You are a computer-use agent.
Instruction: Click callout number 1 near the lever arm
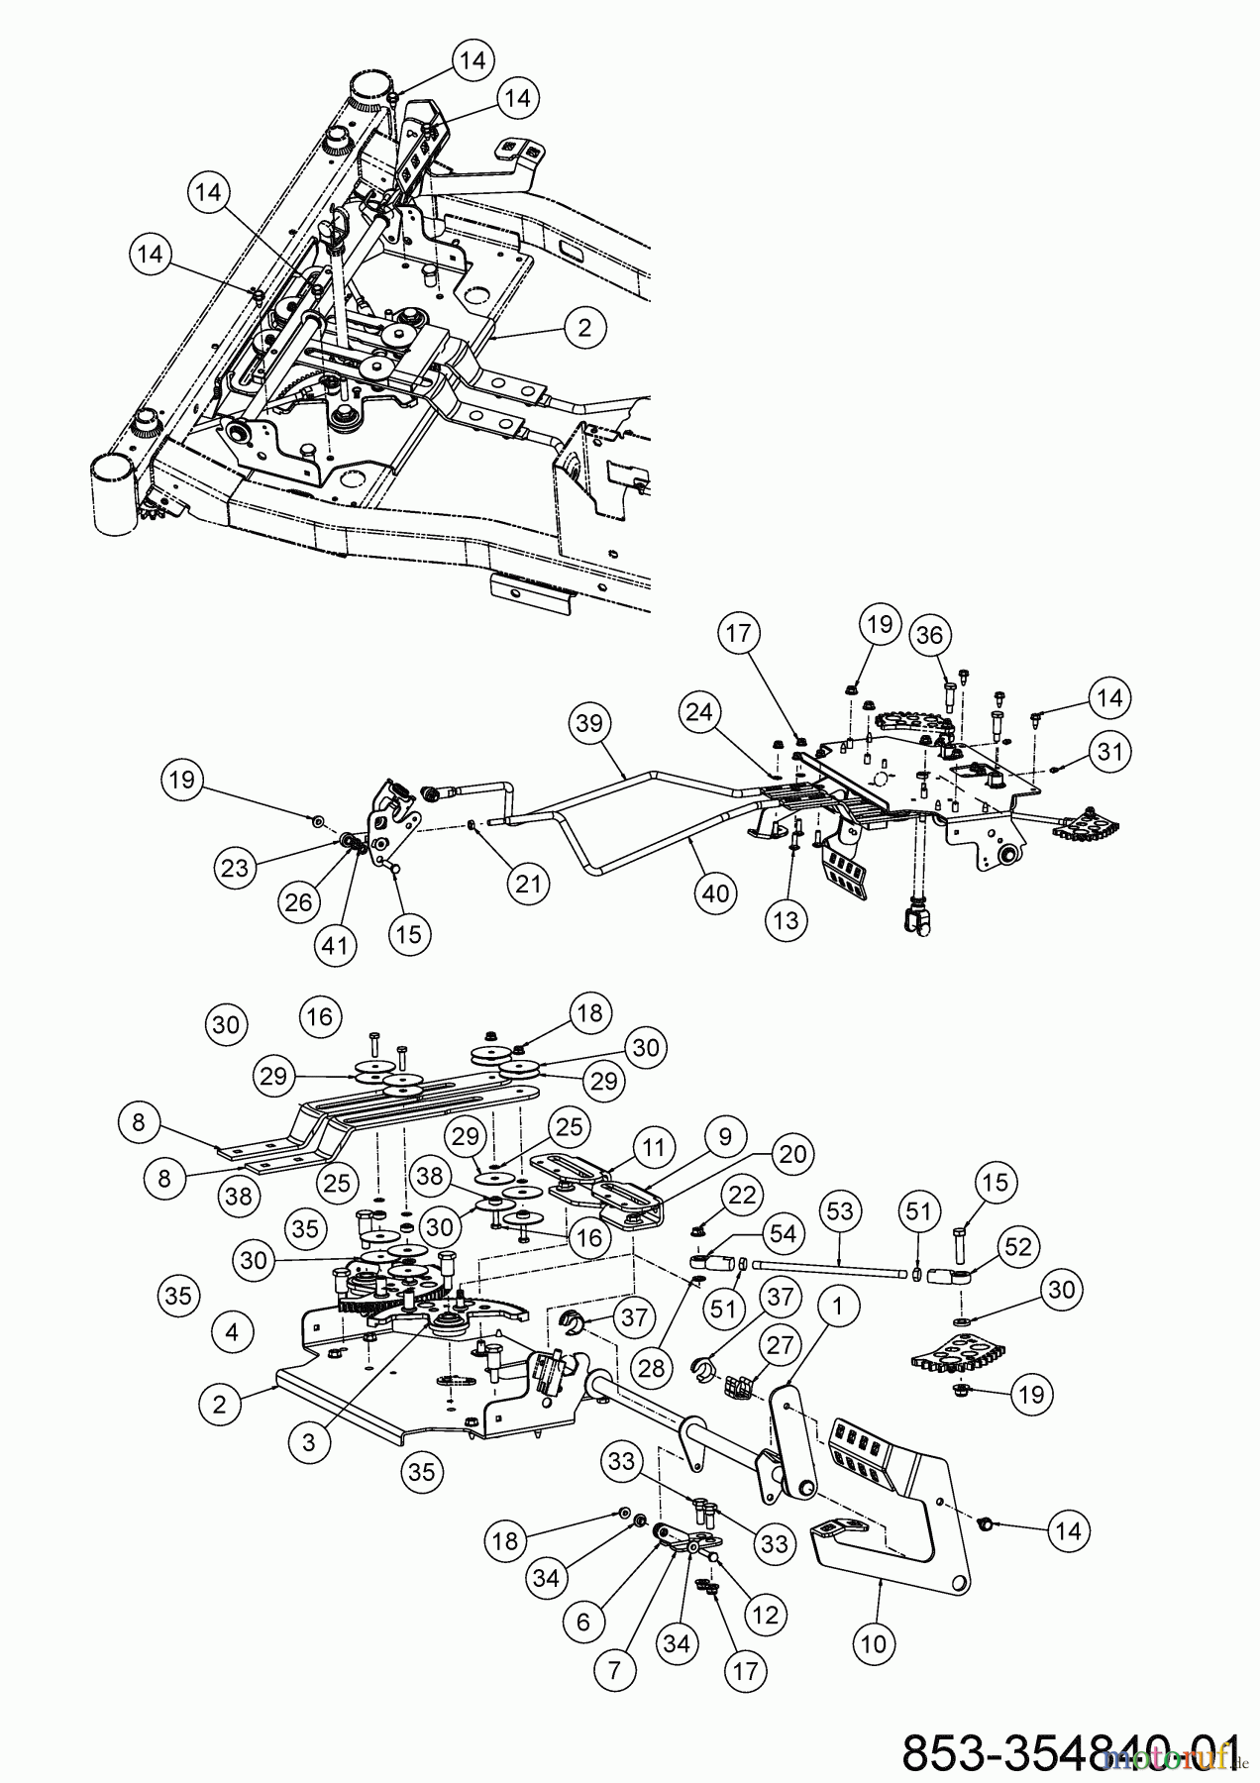point(838,1308)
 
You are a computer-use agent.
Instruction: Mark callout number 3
point(308,1442)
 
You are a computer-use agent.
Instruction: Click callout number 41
point(335,944)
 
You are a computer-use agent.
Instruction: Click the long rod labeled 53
point(832,1269)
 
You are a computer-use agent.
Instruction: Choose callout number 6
point(582,1621)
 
